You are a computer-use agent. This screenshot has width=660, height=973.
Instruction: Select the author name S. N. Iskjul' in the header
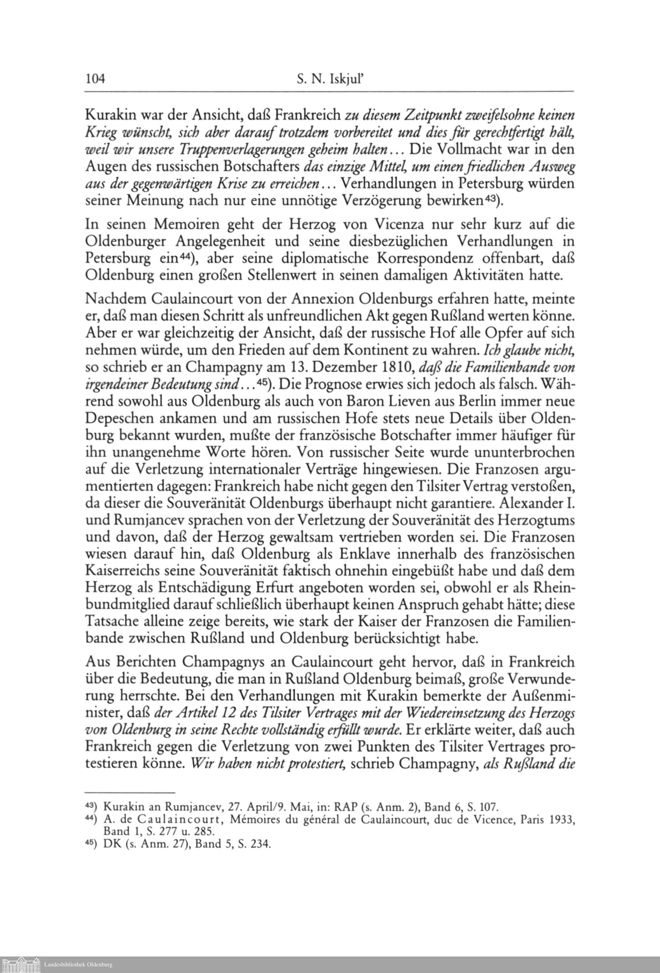tap(330, 78)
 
